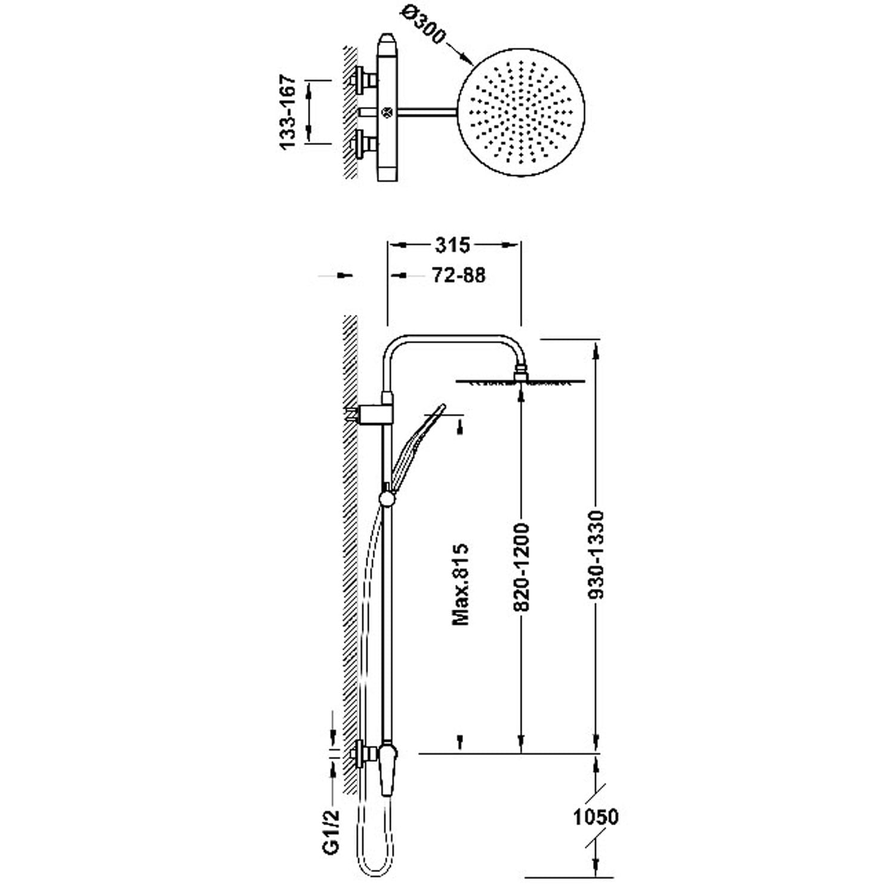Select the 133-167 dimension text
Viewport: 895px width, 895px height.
tap(288, 112)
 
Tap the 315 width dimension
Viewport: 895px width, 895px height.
tap(453, 245)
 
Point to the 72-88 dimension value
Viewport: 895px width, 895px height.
tap(458, 275)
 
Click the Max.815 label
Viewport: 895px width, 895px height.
tap(461, 584)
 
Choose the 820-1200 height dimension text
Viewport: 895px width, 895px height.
tap(521, 567)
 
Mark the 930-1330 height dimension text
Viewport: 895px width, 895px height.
tap(595, 554)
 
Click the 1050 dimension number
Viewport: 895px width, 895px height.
tap(596, 817)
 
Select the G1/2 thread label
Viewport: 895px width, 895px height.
tap(332, 831)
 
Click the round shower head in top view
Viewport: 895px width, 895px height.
tap(519, 112)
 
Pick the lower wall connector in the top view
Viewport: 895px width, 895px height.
tap(363, 144)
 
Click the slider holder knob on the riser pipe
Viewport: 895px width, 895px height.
tap(387, 496)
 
